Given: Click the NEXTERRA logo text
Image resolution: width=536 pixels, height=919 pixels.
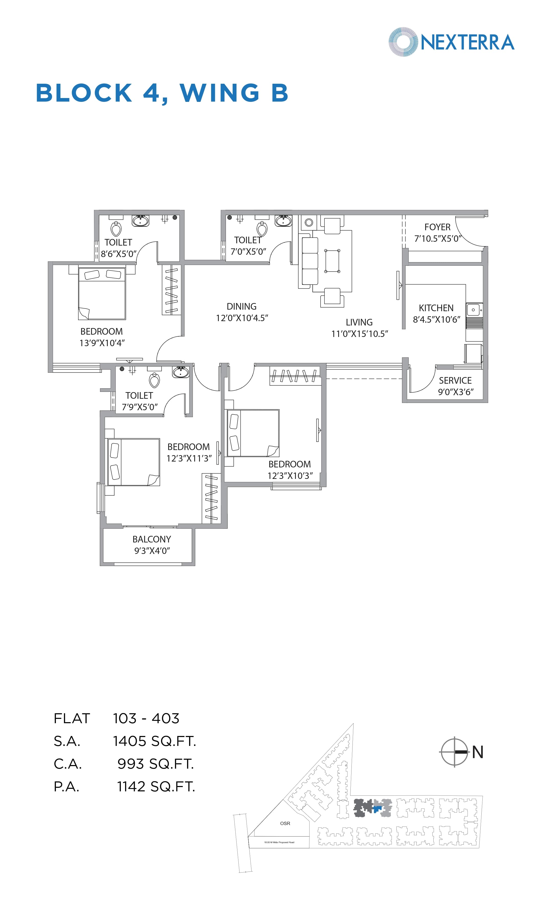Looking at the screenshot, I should click(x=467, y=42).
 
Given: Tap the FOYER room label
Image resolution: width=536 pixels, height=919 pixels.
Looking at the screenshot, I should click(x=437, y=227).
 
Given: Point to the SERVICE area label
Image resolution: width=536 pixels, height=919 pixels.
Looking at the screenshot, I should click(x=455, y=380).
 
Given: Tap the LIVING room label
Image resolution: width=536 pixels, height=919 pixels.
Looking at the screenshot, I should click(x=359, y=322).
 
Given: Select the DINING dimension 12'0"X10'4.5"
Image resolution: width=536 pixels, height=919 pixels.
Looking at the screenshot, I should click(x=242, y=318).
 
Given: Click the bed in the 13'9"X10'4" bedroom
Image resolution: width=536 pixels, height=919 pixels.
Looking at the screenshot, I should click(x=102, y=294).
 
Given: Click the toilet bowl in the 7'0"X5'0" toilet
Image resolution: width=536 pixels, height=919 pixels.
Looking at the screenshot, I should click(x=262, y=229).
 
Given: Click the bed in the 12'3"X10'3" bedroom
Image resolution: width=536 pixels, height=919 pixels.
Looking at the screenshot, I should click(x=253, y=433).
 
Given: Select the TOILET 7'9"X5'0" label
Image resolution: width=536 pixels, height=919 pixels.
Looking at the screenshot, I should click(x=139, y=401).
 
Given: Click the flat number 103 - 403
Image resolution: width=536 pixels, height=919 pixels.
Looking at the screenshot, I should click(x=146, y=718).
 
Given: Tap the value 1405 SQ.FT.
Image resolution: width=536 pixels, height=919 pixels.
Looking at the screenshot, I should click(x=154, y=741).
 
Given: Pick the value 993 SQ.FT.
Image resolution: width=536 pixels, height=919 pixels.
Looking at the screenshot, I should click(x=155, y=764).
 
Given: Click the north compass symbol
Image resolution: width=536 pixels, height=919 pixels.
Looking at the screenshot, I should click(x=454, y=752).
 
